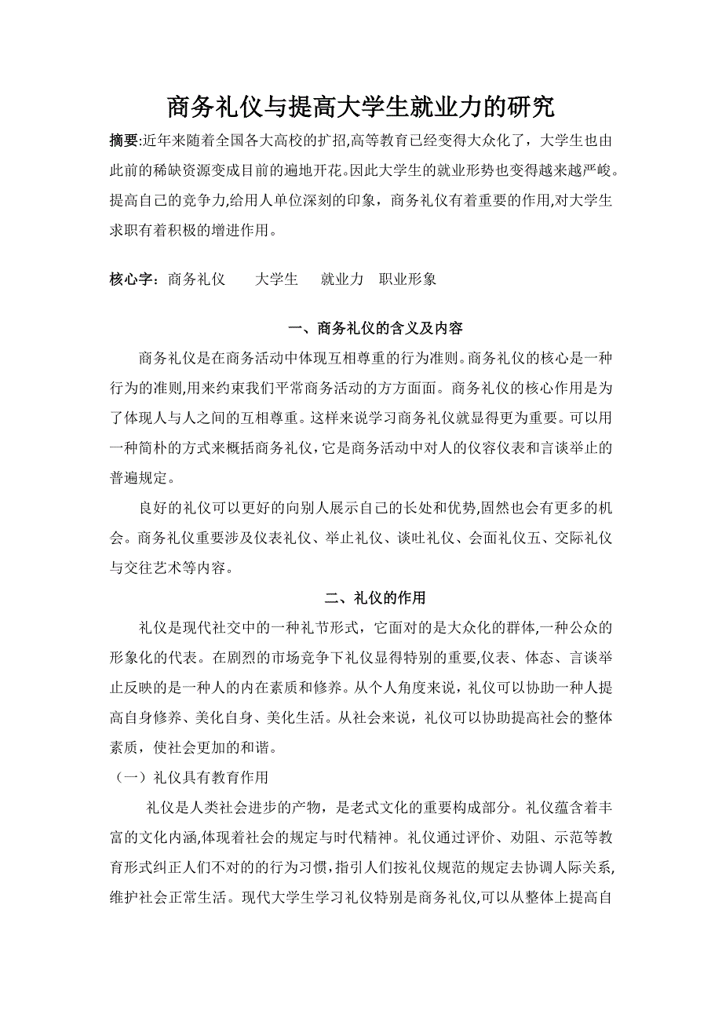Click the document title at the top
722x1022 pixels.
coord(361,108)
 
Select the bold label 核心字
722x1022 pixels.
coord(134,279)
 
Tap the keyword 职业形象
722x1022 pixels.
coord(408,279)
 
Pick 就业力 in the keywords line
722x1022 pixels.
coord(342,279)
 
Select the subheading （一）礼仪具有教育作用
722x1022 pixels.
coord(189,777)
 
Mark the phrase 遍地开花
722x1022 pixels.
coord(317,169)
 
